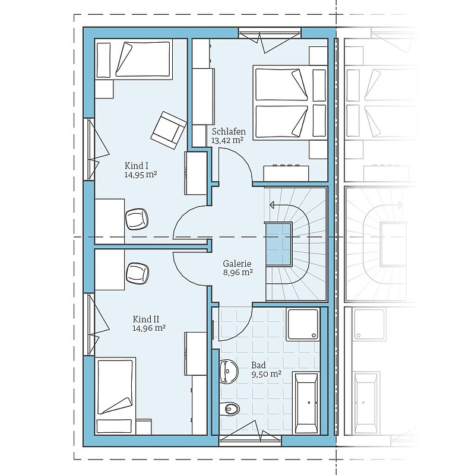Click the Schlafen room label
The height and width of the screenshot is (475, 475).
[x=229, y=132]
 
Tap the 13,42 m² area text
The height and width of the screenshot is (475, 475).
[x=227, y=140]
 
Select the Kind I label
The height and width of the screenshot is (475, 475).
[x=137, y=166]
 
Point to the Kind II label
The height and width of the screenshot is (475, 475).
[x=146, y=319]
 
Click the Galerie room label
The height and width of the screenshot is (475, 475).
[x=237, y=264]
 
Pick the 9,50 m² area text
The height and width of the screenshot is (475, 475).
[x=266, y=374]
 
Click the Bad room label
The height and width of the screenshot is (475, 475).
[x=258, y=365]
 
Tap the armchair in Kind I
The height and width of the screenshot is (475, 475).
[x=169, y=130]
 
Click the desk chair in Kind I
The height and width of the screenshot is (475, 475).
[x=137, y=219]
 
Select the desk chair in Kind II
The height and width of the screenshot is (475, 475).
[x=137, y=273]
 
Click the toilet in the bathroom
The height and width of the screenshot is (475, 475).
[x=229, y=409]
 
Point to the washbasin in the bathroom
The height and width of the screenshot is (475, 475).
[x=229, y=372]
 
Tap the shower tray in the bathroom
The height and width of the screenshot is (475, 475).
[x=303, y=324]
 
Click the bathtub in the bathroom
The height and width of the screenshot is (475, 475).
[x=306, y=403]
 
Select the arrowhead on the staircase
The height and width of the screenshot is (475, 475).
[x=272, y=205]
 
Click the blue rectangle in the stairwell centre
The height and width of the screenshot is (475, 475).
[x=278, y=244]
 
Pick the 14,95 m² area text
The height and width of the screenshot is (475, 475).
[x=141, y=174]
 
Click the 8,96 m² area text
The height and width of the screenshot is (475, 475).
[x=238, y=272]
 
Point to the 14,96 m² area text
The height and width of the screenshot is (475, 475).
[x=149, y=328]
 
